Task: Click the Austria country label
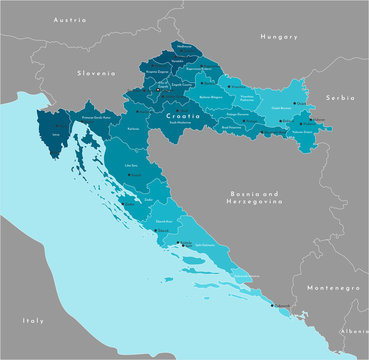click(x=70, y=19)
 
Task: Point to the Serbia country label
click(x=340, y=98)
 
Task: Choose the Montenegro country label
click(x=332, y=287)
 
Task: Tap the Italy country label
click(x=34, y=320)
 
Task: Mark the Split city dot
click(x=180, y=243)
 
